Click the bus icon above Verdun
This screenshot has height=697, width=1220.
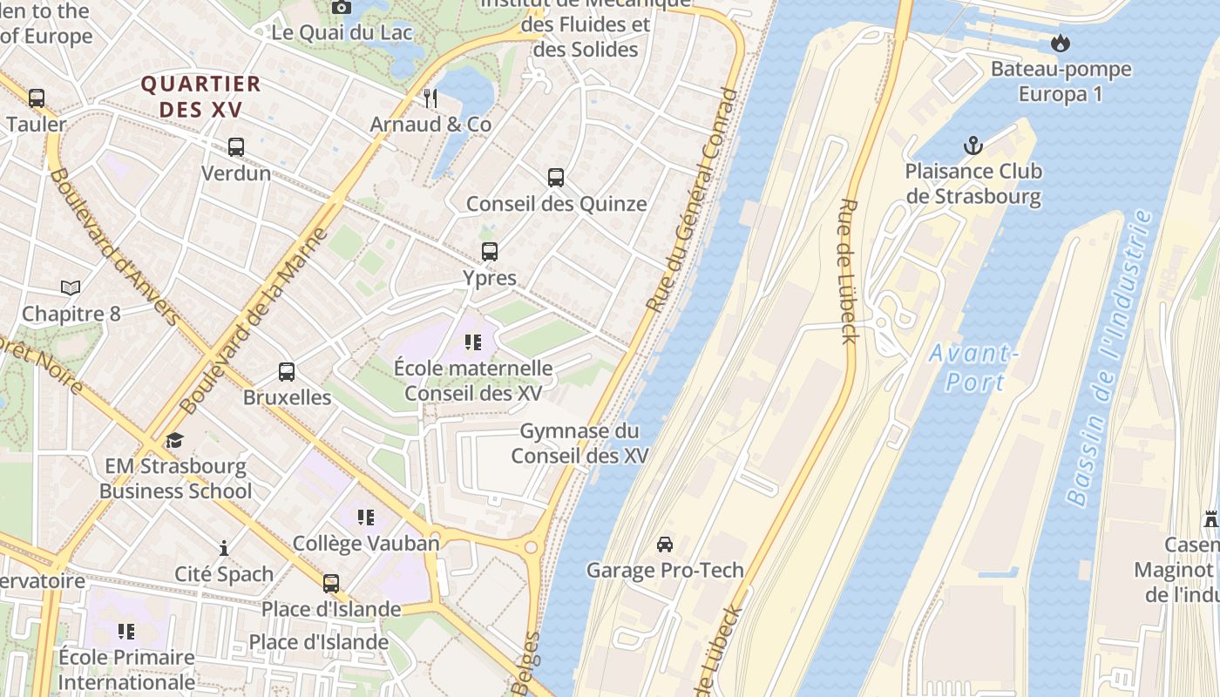(x=236, y=147)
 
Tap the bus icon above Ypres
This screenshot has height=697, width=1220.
(x=490, y=252)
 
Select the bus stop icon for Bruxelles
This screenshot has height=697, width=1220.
(x=287, y=372)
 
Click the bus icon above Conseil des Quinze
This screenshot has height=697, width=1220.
(x=556, y=178)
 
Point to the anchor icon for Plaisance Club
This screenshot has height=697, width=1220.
(x=973, y=145)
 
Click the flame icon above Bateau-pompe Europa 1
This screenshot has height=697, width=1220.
(x=1061, y=43)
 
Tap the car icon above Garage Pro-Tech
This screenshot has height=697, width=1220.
(x=665, y=545)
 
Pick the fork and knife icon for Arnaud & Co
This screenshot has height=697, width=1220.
(x=430, y=98)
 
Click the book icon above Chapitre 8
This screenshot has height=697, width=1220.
(x=71, y=288)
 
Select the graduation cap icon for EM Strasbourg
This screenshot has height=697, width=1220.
(x=175, y=440)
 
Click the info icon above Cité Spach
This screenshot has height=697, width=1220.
(x=224, y=548)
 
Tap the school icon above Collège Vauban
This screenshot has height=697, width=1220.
(x=366, y=518)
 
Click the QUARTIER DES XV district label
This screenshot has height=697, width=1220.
(x=201, y=97)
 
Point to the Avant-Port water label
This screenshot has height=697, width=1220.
(x=973, y=368)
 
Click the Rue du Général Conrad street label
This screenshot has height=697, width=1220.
(x=692, y=200)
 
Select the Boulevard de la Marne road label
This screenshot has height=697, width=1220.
(x=253, y=321)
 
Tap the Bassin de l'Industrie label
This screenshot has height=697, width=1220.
(x=1110, y=357)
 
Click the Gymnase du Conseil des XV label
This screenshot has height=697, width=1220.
(x=579, y=443)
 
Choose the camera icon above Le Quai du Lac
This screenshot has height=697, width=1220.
(x=342, y=7)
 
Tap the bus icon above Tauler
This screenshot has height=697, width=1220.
(x=37, y=98)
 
